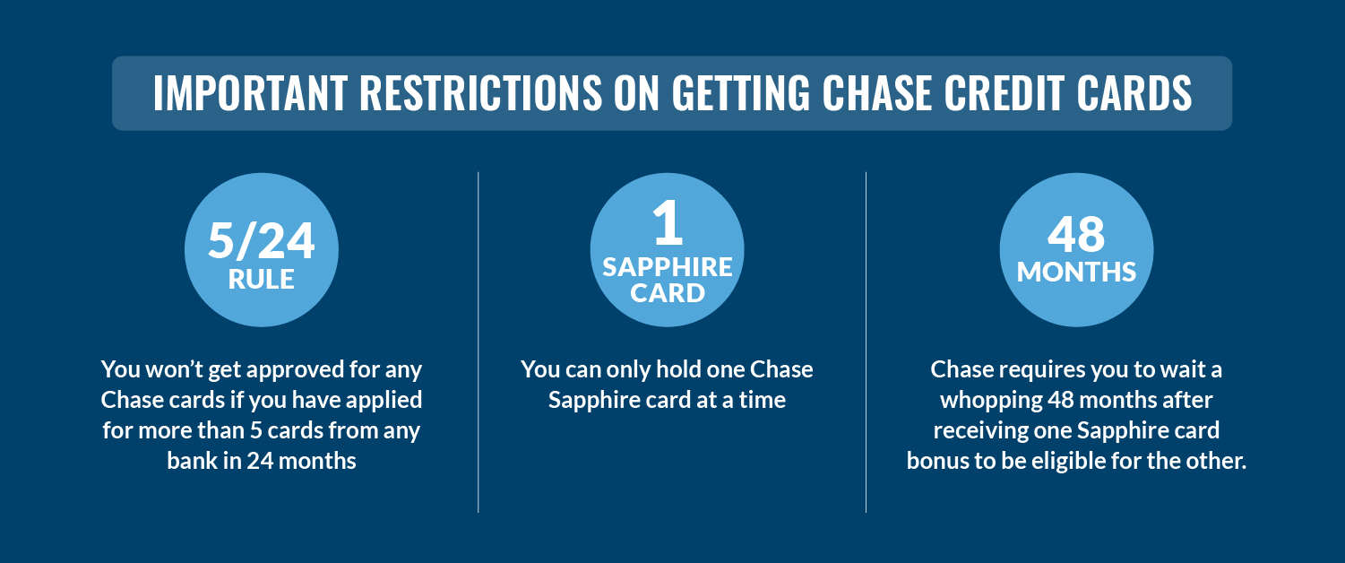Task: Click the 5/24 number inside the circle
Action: [x=262, y=240]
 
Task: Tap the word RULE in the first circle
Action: [x=262, y=280]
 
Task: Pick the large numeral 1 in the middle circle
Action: [x=668, y=224]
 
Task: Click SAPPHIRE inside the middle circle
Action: [x=668, y=267]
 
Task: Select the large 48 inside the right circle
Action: [x=1076, y=234]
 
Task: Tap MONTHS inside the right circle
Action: [x=1076, y=272]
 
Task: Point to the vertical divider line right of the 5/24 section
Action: [x=479, y=341]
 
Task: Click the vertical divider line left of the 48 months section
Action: [x=866, y=341]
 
